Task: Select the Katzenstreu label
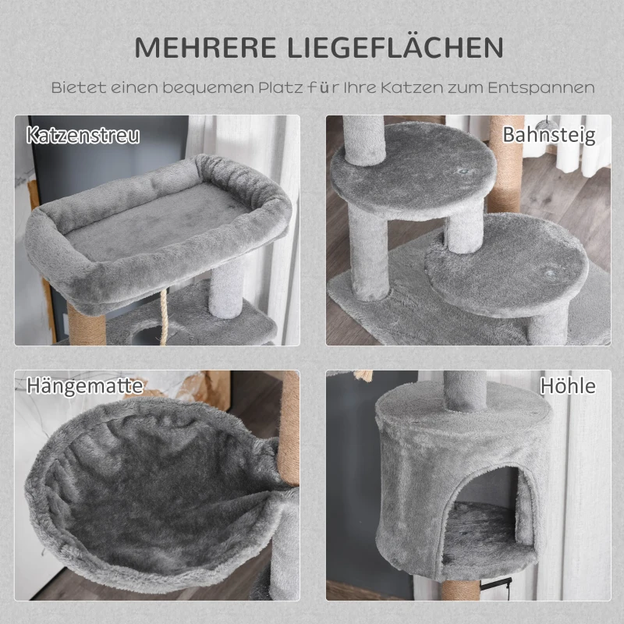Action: pyautogui.click(x=83, y=134)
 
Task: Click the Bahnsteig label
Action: pyautogui.click(x=548, y=134)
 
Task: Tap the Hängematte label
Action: pyautogui.click(x=85, y=385)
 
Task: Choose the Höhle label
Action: pyautogui.click(x=567, y=385)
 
